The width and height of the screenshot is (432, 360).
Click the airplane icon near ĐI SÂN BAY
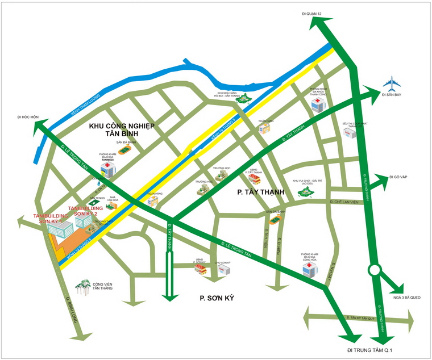[392, 85]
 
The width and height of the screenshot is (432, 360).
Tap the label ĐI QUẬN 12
[312, 13]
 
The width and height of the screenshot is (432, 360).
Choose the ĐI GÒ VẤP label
[399, 178]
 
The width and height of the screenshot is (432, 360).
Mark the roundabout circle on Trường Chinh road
[375, 270]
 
